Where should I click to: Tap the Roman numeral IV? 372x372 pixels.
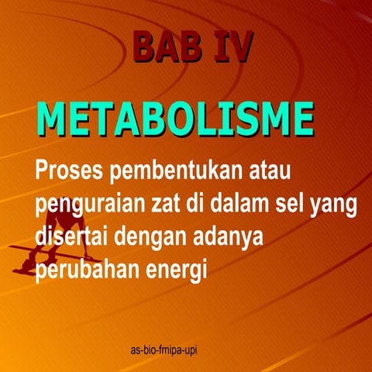point(230,47)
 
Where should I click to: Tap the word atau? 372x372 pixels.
point(274,167)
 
